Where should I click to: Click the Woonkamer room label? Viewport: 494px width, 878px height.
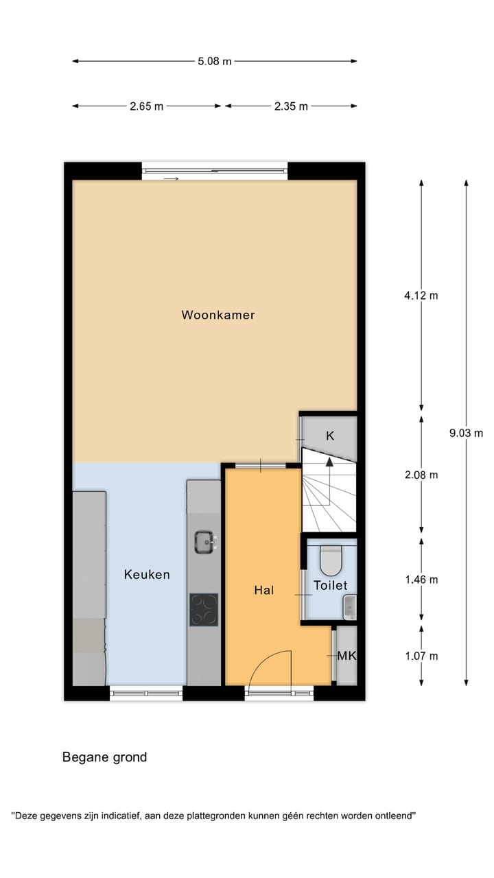click(x=218, y=315)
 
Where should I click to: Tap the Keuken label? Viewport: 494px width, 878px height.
click(x=147, y=574)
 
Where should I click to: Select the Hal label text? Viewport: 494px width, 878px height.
click(x=263, y=589)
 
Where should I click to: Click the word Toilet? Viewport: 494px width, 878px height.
click(x=330, y=585)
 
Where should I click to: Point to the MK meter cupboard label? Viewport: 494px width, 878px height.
click(x=346, y=656)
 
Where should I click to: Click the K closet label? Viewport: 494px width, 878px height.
click(x=330, y=436)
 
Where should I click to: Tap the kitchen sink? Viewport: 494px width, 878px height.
click(x=204, y=542)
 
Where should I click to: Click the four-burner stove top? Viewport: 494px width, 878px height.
click(x=204, y=609)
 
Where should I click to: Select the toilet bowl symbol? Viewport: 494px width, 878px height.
click(x=331, y=560)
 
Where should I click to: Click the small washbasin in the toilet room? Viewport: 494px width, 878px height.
click(x=349, y=607)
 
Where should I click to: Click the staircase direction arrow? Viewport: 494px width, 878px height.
click(x=329, y=464)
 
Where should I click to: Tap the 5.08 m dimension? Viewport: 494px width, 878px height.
click(x=215, y=61)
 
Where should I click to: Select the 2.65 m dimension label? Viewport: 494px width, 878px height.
click(x=146, y=106)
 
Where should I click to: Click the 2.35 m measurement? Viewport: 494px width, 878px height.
click(x=291, y=106)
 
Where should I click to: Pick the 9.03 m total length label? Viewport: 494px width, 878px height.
click(x=466, y=433)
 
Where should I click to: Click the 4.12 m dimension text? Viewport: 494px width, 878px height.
click(x=421, y=296)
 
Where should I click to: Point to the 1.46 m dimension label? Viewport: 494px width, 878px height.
click(x=421, y=580)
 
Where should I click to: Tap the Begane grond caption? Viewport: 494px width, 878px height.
click(x=104, y=757)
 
